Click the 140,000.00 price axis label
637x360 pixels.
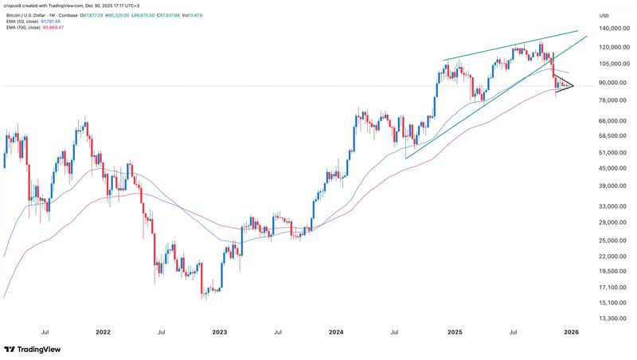coord(615,29)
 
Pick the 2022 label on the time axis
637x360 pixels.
coord(104,332)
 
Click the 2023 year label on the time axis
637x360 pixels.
coord(220,332)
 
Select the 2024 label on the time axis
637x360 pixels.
coord(336,332)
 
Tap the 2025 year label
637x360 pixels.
coord(455,332)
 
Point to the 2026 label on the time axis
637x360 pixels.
coord(571,332)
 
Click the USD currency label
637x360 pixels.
coord(604,15)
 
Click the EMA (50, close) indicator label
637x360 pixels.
coord(22,22)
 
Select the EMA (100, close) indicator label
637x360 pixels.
coord(23,28)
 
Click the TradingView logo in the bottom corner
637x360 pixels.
coord(33,350)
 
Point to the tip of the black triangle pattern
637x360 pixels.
coord(573,85)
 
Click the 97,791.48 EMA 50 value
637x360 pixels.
coord(50,22)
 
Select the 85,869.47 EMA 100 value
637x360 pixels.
coord(53,28)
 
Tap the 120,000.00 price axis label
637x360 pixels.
coord(615,47)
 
